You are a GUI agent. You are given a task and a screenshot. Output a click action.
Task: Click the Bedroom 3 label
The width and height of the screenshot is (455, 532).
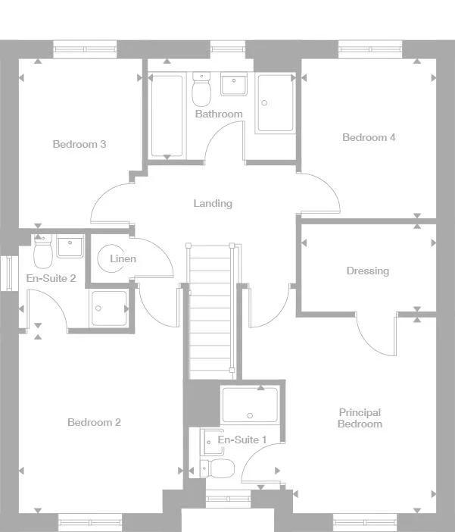[79, 144]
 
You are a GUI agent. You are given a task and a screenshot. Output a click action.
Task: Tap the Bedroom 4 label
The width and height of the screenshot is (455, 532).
[369, 137]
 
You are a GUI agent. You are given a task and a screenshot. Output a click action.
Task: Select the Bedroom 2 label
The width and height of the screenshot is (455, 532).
[94, 422]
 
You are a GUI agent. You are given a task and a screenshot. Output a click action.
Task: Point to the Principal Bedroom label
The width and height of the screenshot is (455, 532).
[360, 418]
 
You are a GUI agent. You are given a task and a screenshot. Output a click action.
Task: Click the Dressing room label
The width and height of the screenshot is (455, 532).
[367, 271]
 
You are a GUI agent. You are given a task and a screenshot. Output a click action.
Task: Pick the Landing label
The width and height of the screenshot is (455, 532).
[213, 203]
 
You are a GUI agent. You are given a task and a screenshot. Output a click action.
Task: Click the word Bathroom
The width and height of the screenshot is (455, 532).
[219, 114]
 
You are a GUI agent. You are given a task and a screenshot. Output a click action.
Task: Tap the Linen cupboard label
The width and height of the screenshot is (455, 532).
[123, 258]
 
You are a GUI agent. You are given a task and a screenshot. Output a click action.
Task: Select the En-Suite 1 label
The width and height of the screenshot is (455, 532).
[242, 440]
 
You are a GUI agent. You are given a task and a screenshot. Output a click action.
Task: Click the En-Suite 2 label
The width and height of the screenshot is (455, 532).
[51, 278]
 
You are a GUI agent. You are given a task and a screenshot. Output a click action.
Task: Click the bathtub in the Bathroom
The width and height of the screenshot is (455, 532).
[167, 115]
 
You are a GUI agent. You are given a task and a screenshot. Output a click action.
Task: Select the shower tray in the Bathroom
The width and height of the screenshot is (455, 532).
[274, 103]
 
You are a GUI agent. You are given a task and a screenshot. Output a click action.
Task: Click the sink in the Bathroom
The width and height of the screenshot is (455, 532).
[234, 84]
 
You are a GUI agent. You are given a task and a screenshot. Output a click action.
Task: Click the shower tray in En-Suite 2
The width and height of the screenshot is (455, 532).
[109, 308]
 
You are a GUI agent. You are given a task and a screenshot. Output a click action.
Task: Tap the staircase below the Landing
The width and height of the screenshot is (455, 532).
[210, 311]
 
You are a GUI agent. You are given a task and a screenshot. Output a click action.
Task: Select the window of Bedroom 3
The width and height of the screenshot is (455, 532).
[85, 49]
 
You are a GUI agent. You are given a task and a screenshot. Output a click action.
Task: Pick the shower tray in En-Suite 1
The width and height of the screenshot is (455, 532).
[249, 405]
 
